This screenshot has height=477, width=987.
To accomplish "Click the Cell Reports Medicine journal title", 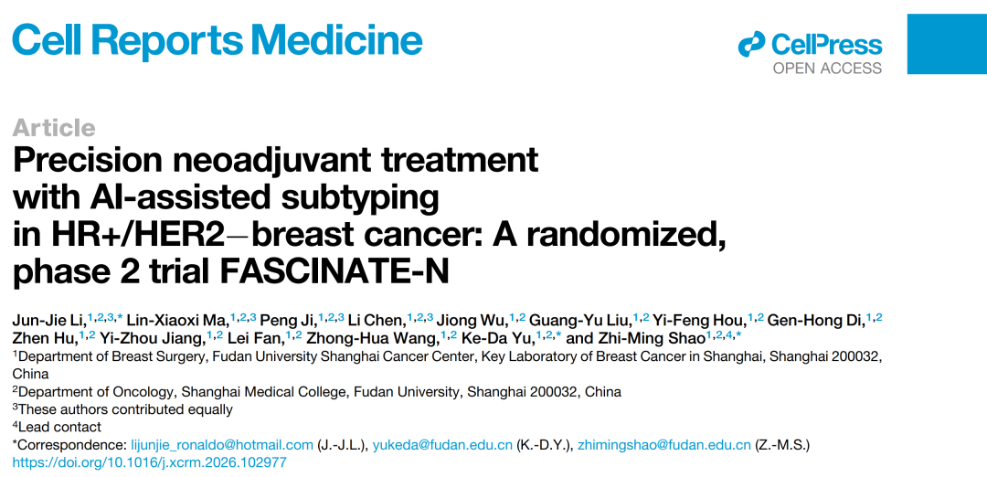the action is click(x=218, y=39).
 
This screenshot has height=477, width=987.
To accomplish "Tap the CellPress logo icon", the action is click(x=751, y=44).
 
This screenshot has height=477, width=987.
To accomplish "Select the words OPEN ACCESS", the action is click(x=827, y=68).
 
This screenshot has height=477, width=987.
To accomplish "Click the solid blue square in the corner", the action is click(x=947, y=44).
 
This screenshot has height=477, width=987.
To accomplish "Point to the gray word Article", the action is click(x=54, y=128).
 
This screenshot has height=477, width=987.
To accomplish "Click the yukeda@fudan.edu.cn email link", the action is click(x=442, y=446).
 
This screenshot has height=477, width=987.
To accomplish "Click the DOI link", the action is click(x=150, y=463).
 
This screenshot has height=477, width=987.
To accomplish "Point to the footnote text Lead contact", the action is click(x=59, y=428).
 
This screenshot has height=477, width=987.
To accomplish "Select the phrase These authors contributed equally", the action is click(x=125, y=409).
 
